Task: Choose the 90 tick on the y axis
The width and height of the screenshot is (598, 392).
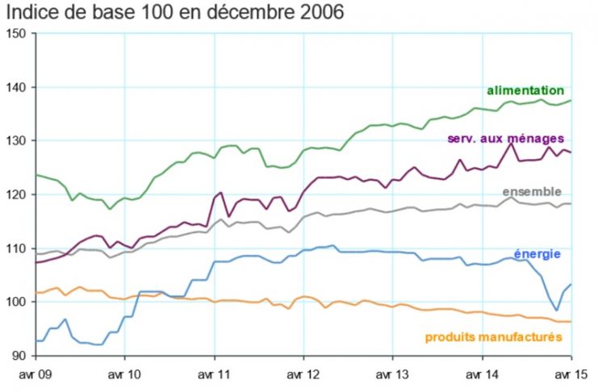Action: (x=19, y=356)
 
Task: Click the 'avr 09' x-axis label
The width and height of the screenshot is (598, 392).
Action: (x=35, y=375)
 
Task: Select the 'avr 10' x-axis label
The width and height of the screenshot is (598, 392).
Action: (x=124, y=375)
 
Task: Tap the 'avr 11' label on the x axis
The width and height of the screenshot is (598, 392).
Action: (x=214, y=375)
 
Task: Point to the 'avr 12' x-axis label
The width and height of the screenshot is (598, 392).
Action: (x=303, y=375)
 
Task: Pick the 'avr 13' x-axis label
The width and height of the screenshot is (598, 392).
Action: (x=393, y=375)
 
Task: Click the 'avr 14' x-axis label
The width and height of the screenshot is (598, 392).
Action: (x=483, y=375)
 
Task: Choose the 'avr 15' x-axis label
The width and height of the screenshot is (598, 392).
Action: (x=571, y=375)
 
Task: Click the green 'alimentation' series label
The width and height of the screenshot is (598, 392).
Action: (x=525, y=90)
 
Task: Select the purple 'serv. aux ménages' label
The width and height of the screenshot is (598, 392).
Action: (x=505, y=139)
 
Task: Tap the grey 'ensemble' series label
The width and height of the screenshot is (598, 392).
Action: (x=531, y=191)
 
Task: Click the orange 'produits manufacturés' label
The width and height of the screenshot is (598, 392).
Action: (x=493, y=336)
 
